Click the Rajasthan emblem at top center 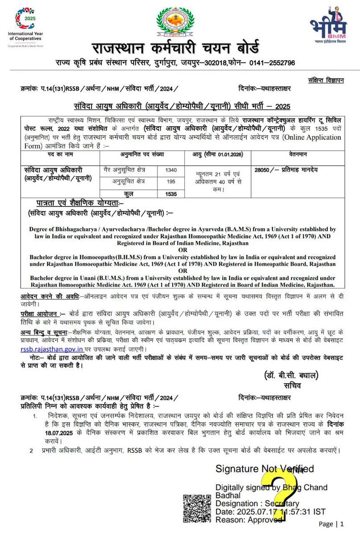(x=176, y=22)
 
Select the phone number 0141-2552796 (x=272, y=63)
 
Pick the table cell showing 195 (x=170, y=182)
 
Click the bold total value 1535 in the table (x=170, y=194)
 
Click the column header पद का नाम (x=60, y=154)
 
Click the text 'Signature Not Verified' (x=265, y=469)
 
